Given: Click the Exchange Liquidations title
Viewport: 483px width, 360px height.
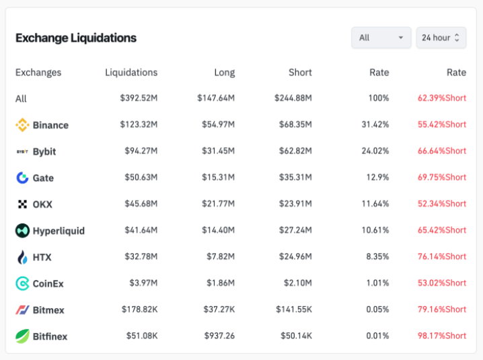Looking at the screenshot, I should pyautogui.click(x=76, y=38).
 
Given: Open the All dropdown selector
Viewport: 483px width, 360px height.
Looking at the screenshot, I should pyautogui.click(x=381, y=38).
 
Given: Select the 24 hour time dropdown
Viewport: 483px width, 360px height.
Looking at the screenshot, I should pyautogui.click(x=441, y=38).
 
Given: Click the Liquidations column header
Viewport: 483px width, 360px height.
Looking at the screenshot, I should pyautogui.click(x=131, y=73).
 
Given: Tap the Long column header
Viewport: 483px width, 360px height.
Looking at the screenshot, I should pyautogui.click(x=225, y=73).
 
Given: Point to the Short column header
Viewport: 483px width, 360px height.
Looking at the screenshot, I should pyautogui.click(x=300, y=73).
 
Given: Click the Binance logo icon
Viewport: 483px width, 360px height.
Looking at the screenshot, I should pyautogui.click(x=22, y=124).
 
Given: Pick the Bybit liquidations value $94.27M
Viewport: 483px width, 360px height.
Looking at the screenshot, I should pyautogui.click(x=141, y=151).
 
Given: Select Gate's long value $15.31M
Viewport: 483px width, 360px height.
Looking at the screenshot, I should pyautogui.click(x=218, y=177).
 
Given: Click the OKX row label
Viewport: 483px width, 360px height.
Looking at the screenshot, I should pyautogui.click(x=42, y=204).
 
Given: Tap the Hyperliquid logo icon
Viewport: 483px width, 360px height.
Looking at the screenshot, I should pyautogui.click(x=22, y=230).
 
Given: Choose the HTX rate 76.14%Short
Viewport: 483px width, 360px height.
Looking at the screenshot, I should pyautogui.click(x=442, y=256).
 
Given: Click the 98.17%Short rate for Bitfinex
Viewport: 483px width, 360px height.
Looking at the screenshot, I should pyautogui.click(x=442, y=336).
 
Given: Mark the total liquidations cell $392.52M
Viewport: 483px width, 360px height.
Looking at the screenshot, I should pyautogui.click(x=139, y=98).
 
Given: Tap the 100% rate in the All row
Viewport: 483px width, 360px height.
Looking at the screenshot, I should pyautogui.click(x=378, y=98).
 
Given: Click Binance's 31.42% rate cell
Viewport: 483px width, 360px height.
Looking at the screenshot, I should pyautogui.click(x=375, y=124).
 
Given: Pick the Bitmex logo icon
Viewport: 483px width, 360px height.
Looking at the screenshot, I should pyautogui.click(x=22, y=310).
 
